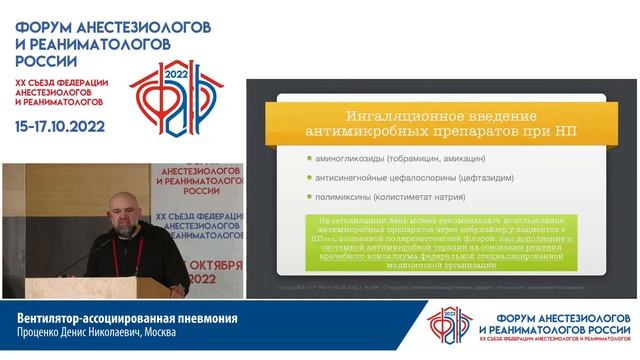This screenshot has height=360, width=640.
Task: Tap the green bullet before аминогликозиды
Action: point(310,159)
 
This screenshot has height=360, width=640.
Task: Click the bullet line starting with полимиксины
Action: point(381,197)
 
